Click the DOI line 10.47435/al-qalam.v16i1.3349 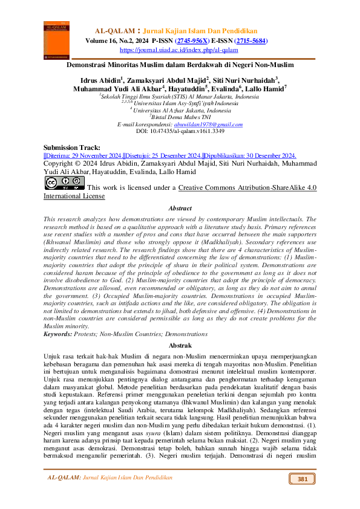coord(180,131)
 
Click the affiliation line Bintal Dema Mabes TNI coord(182,117)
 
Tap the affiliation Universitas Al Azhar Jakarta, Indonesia coord(182,110)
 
